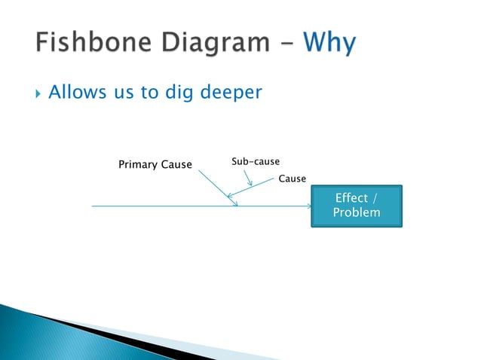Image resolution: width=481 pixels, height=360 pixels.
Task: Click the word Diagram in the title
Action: (212, 44)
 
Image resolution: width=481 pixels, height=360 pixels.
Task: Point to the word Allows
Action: (74, 93)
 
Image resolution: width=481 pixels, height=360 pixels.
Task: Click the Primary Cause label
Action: (155, 165)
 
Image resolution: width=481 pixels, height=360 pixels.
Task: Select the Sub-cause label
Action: (256, 162)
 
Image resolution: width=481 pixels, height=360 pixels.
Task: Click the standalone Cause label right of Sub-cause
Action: (293, 178)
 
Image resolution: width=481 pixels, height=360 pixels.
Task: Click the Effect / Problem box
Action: (357, 206)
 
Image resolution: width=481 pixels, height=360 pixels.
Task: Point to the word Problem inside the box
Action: (357, 213)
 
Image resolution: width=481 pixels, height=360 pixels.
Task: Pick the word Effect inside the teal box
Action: (352, 198)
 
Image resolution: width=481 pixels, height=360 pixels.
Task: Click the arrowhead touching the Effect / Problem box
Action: (308, 206)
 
